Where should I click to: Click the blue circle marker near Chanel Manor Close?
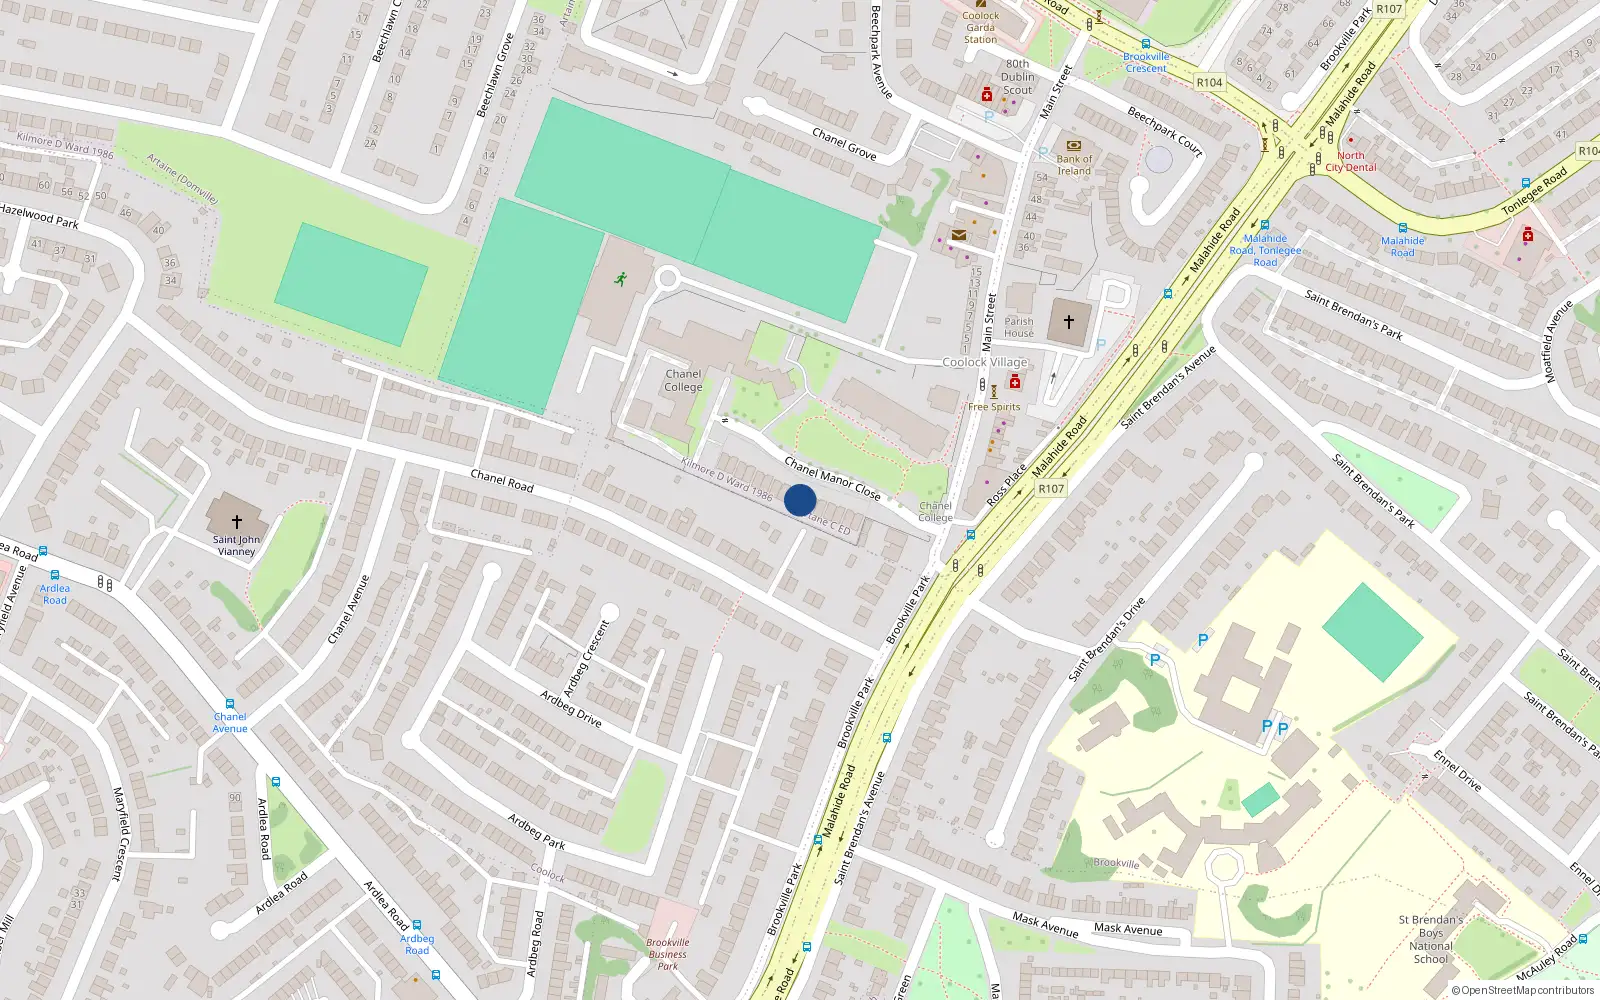click(x=800, y=500)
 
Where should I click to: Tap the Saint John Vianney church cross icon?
click(x=237, y=521)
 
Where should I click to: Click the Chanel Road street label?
click(x=502, y=480)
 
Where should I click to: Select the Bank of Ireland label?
click(x=1074, y=165)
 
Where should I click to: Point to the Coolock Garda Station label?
click(x=980, y=27)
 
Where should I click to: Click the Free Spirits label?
click(x=994, y=407)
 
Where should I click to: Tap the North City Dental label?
click(x=1350, y=162)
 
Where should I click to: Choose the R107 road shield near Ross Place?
click(x=1051, y=489)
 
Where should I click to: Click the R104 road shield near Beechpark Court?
click(x=1209, y=83)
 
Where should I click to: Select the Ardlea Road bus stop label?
click(x=55, y=594)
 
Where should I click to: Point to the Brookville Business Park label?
click(x=667, y=954)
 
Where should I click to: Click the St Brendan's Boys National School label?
click(x=1430, y=939)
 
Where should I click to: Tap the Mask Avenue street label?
click(x=1128, y=929)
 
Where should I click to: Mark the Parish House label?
click(x=1019, y=327)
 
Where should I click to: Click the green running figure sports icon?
click(x=621, y=279)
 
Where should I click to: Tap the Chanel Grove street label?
click(x=844, y=144)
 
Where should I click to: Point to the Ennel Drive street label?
click(x=1457, y=770)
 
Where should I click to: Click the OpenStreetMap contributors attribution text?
click(x=1522, y=991)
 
